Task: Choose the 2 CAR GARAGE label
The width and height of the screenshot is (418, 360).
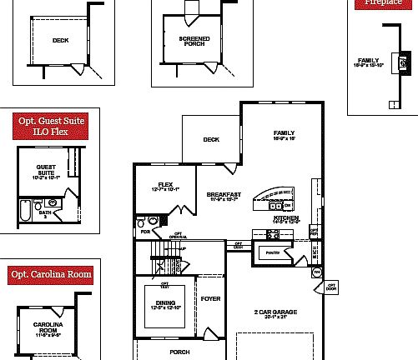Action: (x=275, y=313)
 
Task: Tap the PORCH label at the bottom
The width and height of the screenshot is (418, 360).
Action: (x=179, y=352)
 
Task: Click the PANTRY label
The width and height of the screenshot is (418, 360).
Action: (x=272, y=251)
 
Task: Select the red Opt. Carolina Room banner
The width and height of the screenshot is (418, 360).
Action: (x=50, y=274)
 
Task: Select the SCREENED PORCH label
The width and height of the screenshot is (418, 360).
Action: (x=194, y=41)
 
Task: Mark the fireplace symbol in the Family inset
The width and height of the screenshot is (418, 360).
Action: (x=404, y=61)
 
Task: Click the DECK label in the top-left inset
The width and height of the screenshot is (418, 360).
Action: (x=60, y=40)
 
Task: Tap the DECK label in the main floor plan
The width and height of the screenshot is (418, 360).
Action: (x=211, y=139)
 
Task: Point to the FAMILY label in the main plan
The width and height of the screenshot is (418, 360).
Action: (x=285, y=136)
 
